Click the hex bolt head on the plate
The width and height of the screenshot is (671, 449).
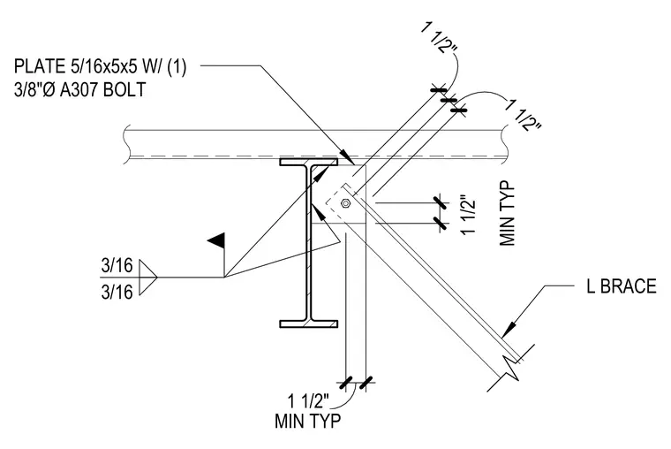pos(345,203)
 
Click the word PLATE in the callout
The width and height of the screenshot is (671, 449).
pos(39,66)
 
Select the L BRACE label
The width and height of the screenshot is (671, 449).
pos(622,286)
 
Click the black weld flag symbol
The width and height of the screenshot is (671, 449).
pos(216,240)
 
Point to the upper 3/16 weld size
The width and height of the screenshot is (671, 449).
pos(117,266)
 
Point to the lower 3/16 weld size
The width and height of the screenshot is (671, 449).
pos(117,292)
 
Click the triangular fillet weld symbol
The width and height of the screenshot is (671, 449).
pos(148,278)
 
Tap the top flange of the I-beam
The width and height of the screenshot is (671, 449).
pos(308,162)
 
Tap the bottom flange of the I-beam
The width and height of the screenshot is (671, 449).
pos(308,323)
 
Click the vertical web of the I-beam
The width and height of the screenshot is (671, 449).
pos(308,243)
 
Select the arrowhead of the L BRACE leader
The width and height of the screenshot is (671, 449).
pos(509,329)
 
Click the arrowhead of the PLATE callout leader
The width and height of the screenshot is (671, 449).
pos(348,156)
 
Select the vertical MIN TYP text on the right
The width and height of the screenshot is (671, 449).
pos(507,214)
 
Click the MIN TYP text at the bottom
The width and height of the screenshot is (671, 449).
pos(307,421)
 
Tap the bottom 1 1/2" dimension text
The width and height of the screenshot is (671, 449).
pos(308,402)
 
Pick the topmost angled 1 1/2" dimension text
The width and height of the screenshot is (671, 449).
pos(439,37)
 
